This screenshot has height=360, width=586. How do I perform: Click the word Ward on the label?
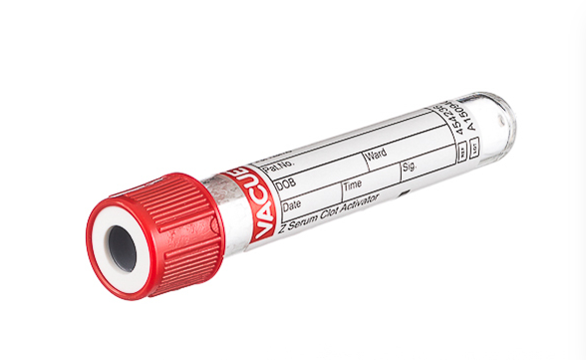[376, 155]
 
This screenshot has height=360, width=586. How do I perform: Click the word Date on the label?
[292, 206]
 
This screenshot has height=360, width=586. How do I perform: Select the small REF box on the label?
[460, 152]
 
